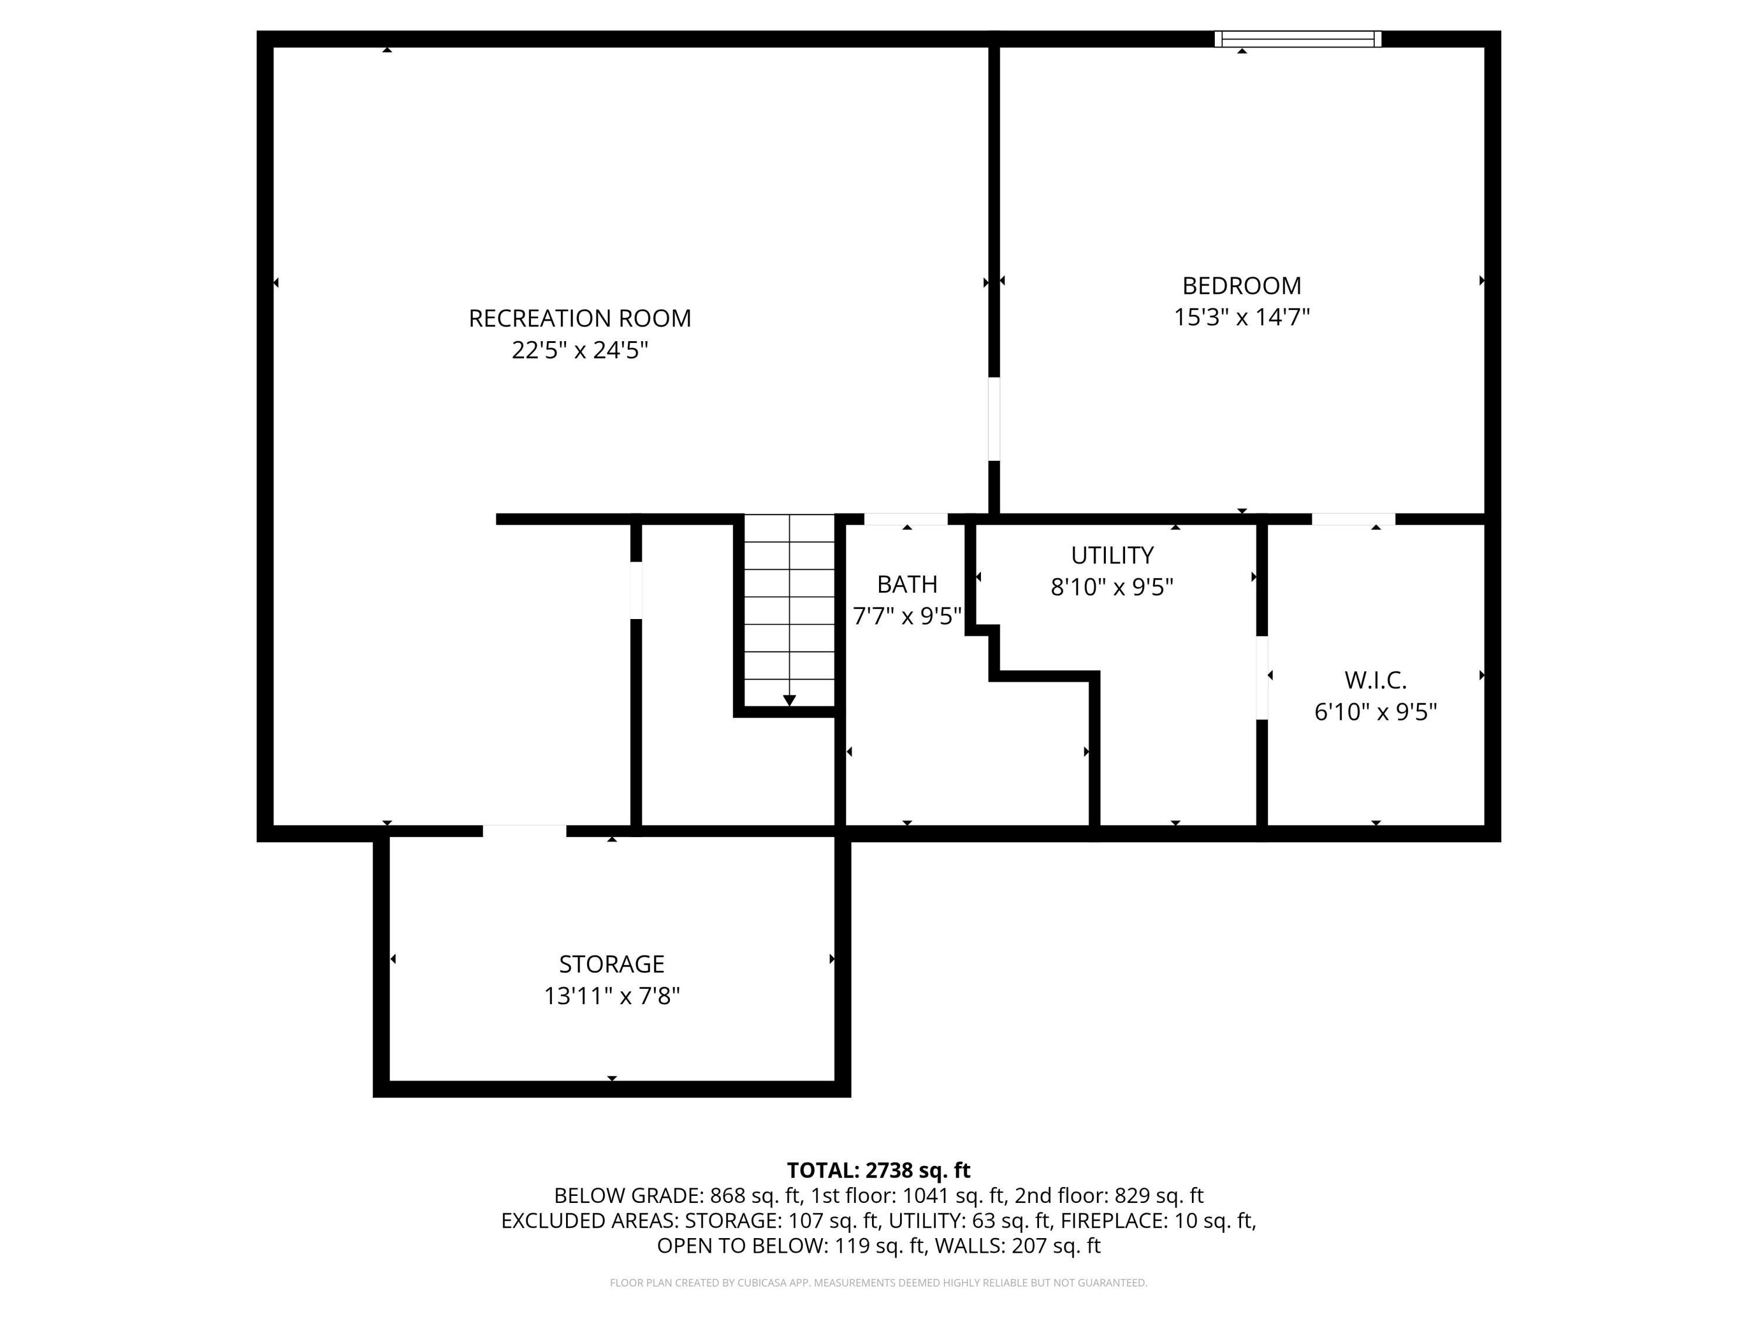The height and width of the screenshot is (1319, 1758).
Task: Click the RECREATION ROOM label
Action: pyautogui.click(x=580, y=318)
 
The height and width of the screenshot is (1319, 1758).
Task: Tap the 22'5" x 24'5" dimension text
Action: pyautogui.click(x=580, y=350)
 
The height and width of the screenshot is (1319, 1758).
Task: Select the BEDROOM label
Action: pyautogui.click(x=1241, y=285)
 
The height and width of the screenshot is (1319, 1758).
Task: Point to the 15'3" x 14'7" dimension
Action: pyautogui.click(x=1241, y=317)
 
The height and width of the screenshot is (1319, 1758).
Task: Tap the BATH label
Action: pyautogui.click(x=907, y=584)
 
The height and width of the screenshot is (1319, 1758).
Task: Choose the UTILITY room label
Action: pyautogui.click(x=1112, y=555)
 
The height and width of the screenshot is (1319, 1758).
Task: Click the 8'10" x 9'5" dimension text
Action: pyautogui.click(x=1112, y=587)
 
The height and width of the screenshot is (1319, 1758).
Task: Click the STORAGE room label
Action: pyautogui.click(x=611, y=964)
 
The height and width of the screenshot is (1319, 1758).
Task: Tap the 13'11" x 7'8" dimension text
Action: pyautogui.click(x=611, y=995)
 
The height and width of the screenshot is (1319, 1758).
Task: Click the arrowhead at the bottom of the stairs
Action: pyautogui.click(x=789, y=699)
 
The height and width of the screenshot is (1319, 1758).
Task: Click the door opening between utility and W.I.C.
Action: pyautogui.click(x=1261, y=678)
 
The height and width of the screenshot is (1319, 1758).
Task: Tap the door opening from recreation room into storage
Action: pyautogui.click(x=524, y=832)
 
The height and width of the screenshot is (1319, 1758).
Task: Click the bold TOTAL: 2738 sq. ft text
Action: pyautogui.click(x=878, y=1170)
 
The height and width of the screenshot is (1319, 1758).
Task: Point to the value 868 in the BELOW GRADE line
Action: pyautogui.click(x=727, y=1196)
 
